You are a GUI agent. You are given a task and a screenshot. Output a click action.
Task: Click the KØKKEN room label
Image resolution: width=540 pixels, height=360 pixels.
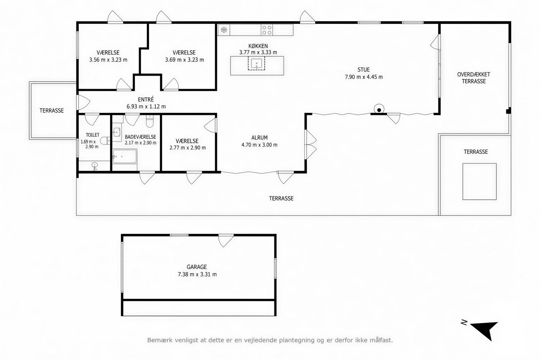click(x=258, y=46)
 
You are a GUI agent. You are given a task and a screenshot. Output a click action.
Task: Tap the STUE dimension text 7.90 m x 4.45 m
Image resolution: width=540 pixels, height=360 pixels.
click(x=364, y=77)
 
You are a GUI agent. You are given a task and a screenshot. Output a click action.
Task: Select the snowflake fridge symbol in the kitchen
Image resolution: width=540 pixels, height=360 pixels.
click(x=224, y=30)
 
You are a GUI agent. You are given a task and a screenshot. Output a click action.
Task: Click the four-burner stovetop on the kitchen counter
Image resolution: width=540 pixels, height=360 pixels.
click(x=267, y=30)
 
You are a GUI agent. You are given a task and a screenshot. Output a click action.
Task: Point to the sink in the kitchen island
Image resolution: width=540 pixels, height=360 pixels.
click(x=256, y=63)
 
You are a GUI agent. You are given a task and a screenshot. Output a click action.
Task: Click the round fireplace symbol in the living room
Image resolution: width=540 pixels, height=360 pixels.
click(x=379, y=109)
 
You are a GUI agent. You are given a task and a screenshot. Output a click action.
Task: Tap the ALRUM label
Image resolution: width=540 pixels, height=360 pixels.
click(x=259, y=138)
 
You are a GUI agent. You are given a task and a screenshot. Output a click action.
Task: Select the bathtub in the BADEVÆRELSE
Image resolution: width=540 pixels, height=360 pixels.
click(x=124, y=156)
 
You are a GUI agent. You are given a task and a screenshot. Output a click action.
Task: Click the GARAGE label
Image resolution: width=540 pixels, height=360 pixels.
click(x=197, y=267)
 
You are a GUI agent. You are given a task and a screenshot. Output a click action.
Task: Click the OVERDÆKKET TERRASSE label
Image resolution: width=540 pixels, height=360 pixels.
click(x=474, y=78)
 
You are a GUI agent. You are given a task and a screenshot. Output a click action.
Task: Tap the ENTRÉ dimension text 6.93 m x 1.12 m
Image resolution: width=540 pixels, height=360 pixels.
click(x=146, y=106)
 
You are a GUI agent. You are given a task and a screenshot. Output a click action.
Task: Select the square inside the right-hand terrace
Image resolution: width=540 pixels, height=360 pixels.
click(x=480, y=181)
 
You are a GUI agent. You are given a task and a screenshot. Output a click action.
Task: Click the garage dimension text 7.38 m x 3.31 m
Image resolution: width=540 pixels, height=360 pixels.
click(x=197, y=274)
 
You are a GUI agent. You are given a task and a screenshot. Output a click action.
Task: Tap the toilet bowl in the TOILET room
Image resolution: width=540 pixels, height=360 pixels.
click(x=105, y=140)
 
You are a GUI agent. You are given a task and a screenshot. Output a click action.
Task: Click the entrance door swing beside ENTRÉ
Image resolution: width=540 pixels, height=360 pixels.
click(x=83, y=103)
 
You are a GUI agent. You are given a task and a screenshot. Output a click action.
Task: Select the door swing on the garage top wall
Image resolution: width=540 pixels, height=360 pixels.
click(x=225, y=240)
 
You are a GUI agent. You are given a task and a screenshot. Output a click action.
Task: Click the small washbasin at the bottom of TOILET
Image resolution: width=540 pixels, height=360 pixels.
click(x=95, y=166)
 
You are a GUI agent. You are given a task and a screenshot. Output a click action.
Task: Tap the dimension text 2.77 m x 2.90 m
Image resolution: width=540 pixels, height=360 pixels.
click(x=188, y=148)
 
